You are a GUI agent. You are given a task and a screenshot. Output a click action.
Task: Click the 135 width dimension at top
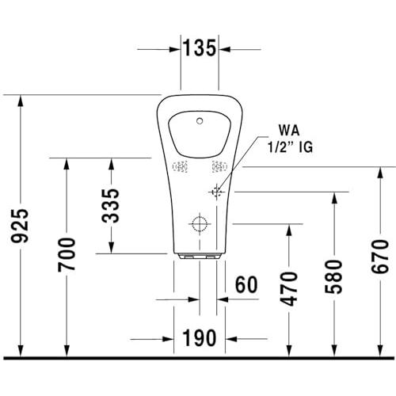pos(200,48)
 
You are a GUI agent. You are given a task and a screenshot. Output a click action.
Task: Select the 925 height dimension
pos(20,226)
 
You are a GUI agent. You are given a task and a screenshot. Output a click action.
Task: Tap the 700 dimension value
pos(67,254)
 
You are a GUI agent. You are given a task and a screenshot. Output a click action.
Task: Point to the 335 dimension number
pos(111,206)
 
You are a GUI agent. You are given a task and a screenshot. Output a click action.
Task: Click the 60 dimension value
pos(246,284)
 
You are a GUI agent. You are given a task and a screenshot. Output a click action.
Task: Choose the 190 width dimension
pos(200,338)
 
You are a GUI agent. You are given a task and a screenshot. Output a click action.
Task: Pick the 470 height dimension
pos(289,289)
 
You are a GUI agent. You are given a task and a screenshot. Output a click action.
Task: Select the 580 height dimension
pos(333,276)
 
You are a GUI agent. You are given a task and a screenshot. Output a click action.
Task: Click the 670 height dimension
pos(380,257)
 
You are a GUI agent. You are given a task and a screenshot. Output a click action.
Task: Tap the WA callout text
pos(289,131)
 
